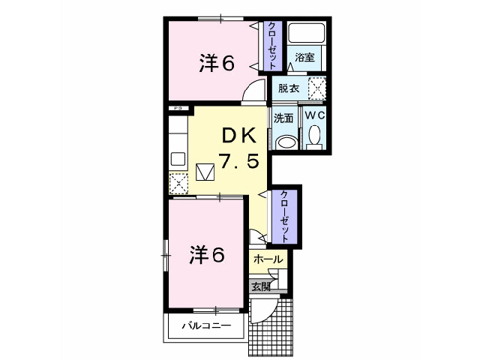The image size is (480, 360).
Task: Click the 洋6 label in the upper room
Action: pos(217,64)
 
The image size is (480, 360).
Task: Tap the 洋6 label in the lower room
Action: pos(206,256)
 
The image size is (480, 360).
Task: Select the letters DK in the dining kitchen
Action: pos(239,136)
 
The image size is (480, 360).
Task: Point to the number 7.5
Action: pos(239,160)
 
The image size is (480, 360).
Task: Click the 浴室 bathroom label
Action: pos(304,57)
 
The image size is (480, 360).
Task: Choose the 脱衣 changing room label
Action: pos(289,88)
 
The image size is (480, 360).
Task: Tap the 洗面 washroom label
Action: pos(283,118)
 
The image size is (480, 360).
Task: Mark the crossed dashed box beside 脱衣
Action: pos(318,88)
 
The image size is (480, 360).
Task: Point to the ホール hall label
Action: pos(268,259)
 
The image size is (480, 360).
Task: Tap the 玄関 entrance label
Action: pos(260,286)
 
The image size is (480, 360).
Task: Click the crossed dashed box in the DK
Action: pos(178,183)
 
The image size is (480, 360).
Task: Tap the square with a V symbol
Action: pos(205,172)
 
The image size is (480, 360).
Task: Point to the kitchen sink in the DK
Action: pos(178,157)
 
